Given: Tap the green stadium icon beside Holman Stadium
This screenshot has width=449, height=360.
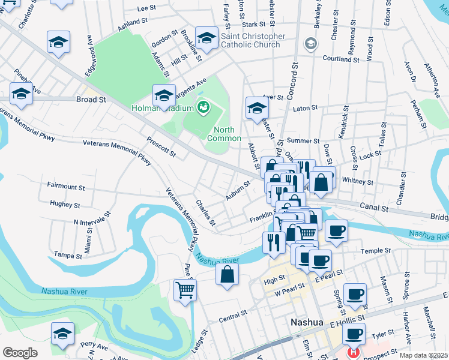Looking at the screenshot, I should [204, 107].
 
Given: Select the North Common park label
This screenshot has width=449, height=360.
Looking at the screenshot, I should [224, 134].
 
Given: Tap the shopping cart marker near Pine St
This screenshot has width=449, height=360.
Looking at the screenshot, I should [185, 290].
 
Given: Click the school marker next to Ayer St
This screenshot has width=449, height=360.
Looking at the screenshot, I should [257, 108].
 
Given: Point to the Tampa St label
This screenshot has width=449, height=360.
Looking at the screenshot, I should [67, 256].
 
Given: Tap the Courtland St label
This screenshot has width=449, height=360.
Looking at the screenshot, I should [340, 59].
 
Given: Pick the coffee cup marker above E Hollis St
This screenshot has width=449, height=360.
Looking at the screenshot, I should [356, 293].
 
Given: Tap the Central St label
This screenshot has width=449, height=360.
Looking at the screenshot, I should [233, 314].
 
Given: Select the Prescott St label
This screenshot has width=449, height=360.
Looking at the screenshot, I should [161, 148].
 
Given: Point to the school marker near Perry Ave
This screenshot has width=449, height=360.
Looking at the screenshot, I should [62, 334].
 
